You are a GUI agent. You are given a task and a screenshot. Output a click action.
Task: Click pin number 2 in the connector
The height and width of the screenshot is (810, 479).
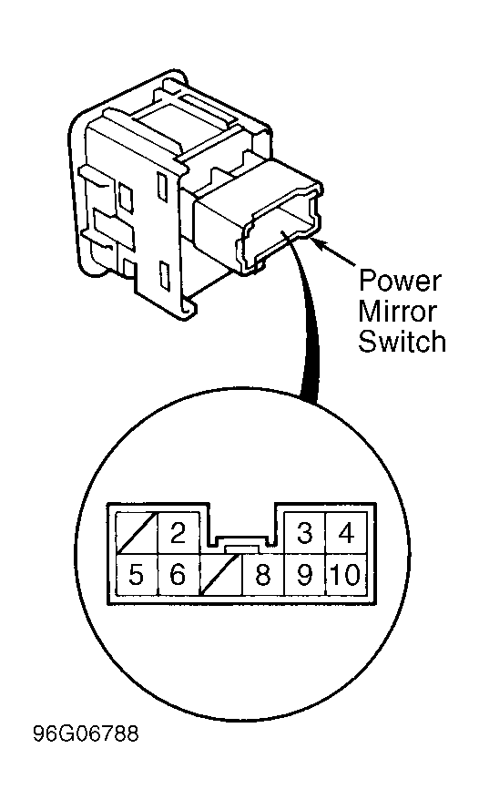click(x=178, y=533)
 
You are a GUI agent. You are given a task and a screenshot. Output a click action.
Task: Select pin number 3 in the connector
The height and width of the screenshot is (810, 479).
click(x=304, y=533)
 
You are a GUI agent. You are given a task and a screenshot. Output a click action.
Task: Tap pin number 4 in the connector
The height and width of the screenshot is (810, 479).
click(x=346, y=533)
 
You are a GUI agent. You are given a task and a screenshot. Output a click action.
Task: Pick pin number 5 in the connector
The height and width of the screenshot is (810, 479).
click(x=137, y=574)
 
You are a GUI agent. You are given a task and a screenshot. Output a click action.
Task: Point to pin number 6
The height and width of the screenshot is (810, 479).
click(x=178, y=574)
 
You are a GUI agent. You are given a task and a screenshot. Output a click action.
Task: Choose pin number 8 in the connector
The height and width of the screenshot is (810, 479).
click(x=263, y=574)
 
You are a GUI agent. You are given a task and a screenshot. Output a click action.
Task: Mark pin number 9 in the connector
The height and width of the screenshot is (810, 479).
click(x=304, y=574)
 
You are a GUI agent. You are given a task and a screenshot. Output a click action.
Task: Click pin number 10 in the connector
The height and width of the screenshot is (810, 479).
click(x=346, y=574)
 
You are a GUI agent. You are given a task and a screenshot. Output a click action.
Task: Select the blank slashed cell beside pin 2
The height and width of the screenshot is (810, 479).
click(x=138, y=533)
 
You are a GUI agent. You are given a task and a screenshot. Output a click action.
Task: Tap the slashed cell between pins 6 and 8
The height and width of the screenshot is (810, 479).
click(x=221, y=574)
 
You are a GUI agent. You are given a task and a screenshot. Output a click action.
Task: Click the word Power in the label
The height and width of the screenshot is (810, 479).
click(x=400, y=281)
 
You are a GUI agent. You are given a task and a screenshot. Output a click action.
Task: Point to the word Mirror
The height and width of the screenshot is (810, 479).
click(x=397, y=311)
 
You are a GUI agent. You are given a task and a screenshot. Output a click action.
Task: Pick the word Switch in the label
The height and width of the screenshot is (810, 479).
click(x=403, y=341)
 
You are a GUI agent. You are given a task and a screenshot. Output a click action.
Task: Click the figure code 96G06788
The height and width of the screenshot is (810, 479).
click(x=86, y=733)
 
